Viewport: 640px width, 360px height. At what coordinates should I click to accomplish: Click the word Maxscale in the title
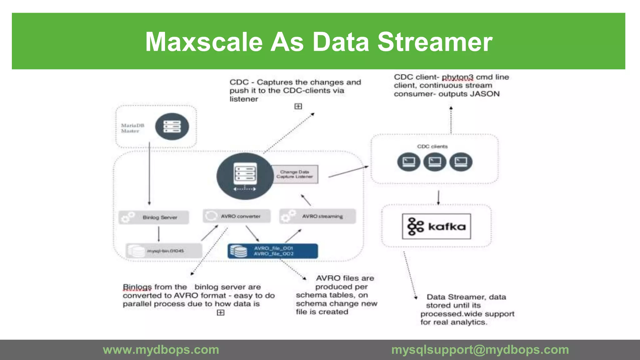[204, 42]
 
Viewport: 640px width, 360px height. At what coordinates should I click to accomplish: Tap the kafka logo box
[436, 226]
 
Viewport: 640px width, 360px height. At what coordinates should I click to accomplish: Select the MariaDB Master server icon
[172, 127]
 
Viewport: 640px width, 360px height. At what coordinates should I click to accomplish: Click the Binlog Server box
[154, 217]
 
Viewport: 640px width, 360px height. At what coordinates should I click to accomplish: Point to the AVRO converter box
[237, 216]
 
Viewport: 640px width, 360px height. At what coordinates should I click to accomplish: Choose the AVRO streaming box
[317, 216]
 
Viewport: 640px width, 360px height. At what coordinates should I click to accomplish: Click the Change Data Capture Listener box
[294, 174]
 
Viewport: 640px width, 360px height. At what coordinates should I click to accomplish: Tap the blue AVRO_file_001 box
[273, 251]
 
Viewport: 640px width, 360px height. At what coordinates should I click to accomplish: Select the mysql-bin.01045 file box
[164, 251]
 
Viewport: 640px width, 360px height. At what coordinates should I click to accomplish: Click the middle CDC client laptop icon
[435, 162]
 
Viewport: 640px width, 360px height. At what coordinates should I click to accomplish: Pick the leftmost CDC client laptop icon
[409, 162]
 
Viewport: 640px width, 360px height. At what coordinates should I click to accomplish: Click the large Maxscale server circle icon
[245, 176]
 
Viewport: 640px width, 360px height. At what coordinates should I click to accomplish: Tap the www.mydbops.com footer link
[161, 350]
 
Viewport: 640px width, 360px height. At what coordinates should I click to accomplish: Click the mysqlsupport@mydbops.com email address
[480, 350]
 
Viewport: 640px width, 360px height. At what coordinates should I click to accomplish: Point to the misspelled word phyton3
[457, 77]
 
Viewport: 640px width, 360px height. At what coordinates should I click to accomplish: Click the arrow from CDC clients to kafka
[438, 197]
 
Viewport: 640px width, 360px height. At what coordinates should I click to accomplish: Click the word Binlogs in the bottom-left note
[137, 287]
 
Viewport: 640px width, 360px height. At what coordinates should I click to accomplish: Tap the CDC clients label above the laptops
[432, 147]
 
